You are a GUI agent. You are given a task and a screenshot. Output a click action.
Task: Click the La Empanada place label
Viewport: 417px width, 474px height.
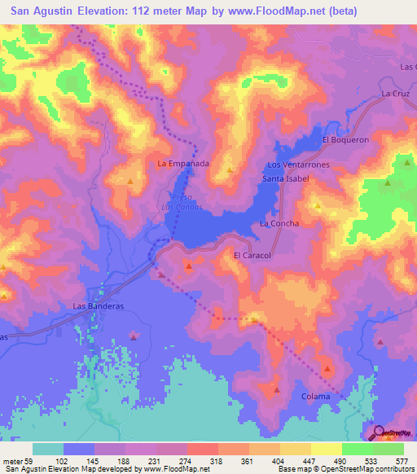click(183, 164)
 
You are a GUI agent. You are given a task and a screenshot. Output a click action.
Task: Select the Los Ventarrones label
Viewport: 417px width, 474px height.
click(305, 165)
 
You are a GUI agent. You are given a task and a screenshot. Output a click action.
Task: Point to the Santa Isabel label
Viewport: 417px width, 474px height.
click(283, 178)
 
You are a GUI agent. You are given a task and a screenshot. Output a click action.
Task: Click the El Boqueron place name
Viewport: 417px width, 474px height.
click(345, 139)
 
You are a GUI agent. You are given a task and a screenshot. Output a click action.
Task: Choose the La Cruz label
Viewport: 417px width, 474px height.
click(395, 94)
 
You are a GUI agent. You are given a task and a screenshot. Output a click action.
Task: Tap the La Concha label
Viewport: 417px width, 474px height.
click(279, 223)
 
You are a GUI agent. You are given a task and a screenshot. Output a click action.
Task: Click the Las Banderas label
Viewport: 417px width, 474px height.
click(98, 306)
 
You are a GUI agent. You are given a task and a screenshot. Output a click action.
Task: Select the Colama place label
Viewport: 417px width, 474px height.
click(317, 397)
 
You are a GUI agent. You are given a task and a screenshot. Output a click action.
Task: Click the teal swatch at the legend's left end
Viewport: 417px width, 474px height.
click(48, 449)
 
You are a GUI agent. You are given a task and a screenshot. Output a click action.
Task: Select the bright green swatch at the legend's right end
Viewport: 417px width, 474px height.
click(388, 449)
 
